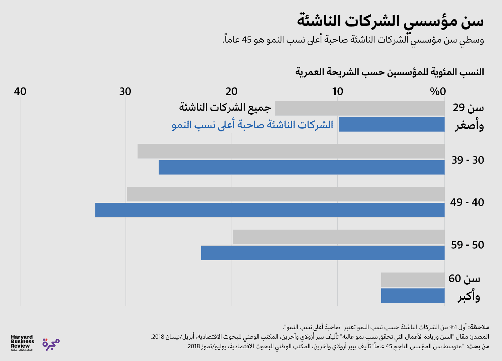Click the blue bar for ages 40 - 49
point(270,210)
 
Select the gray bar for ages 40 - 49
point(285,194)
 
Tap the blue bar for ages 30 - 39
point(301,167)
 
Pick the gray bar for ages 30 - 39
point(291,151)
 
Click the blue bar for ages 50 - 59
point(323,253)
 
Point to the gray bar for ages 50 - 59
point(338,237)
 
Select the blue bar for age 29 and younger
point(391,124)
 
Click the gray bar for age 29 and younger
point(360,108)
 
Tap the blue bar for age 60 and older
point(413,296)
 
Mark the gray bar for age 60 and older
point(413,280)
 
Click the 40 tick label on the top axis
point(20,91)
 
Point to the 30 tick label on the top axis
point(125,91)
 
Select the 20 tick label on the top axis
point(231,91)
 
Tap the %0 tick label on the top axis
point(438,91)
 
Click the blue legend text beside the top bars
point(252,125)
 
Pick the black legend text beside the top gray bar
point(225,107)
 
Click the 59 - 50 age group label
point(468,245)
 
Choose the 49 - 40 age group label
point(467,202)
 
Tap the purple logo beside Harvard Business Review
point(51,344)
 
